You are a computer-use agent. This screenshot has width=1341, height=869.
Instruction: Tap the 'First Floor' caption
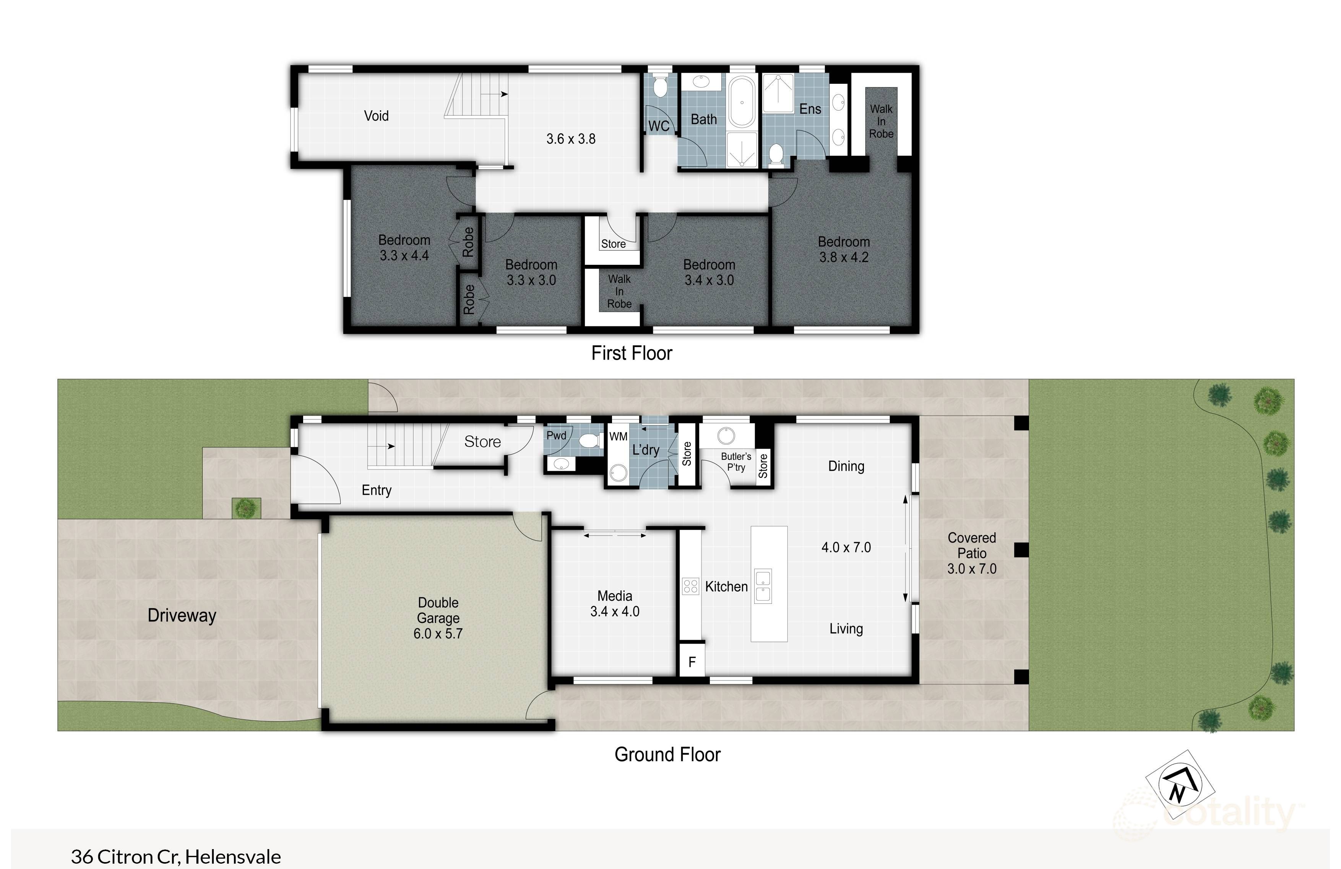pos(631,354)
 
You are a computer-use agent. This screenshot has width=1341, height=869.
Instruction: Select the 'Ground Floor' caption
pos(667,755)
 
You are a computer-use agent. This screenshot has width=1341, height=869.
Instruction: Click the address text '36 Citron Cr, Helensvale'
pos(176,857)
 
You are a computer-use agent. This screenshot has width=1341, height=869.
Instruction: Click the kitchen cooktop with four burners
pos(690,587)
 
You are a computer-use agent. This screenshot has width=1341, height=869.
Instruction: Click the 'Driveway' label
pos(182,615)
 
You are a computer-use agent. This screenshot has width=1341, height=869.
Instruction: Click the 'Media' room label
pos(614,596)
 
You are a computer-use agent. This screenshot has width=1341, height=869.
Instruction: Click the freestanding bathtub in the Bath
pos(742,102)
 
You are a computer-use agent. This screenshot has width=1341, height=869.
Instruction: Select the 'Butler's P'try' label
pos(736,461)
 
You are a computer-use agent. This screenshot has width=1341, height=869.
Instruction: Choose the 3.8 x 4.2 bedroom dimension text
pos(844,257)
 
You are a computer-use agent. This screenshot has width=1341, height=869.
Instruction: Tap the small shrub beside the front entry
pos(246,509)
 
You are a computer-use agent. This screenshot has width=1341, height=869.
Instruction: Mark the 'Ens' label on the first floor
pos(810,109)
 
